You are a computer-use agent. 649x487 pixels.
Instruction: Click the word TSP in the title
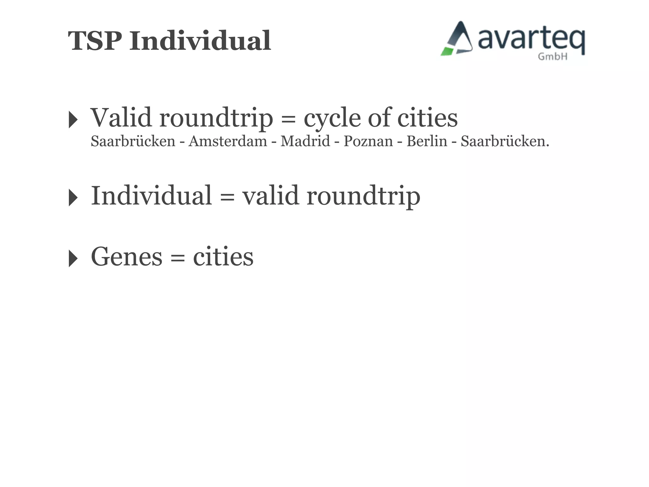[95, 41]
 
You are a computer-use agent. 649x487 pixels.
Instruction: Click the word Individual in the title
[200, 41]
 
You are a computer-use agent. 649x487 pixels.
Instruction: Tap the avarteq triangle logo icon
[457, 39]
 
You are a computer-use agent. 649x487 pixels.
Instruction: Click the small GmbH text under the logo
[552, 57]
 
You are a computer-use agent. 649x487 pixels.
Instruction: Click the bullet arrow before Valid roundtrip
[73, 120]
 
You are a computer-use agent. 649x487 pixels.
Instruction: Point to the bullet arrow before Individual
[73, 198]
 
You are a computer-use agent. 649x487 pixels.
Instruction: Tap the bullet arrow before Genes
[73, 258]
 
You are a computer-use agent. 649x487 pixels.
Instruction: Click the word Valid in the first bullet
[121, 118]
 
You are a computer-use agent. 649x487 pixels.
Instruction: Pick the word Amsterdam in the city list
[228, 141]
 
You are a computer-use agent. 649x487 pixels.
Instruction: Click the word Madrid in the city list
[305, 141]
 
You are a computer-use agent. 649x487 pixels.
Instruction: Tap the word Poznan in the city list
[368, 141]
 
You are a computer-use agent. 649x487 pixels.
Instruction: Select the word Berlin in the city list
[427, 141]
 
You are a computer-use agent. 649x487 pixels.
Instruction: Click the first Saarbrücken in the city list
[133, 141]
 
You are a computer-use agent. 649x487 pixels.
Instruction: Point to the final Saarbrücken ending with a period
[504, 141]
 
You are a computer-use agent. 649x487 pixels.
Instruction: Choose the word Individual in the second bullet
[151, 196]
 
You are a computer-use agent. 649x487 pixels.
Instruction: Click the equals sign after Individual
[227, 197]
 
